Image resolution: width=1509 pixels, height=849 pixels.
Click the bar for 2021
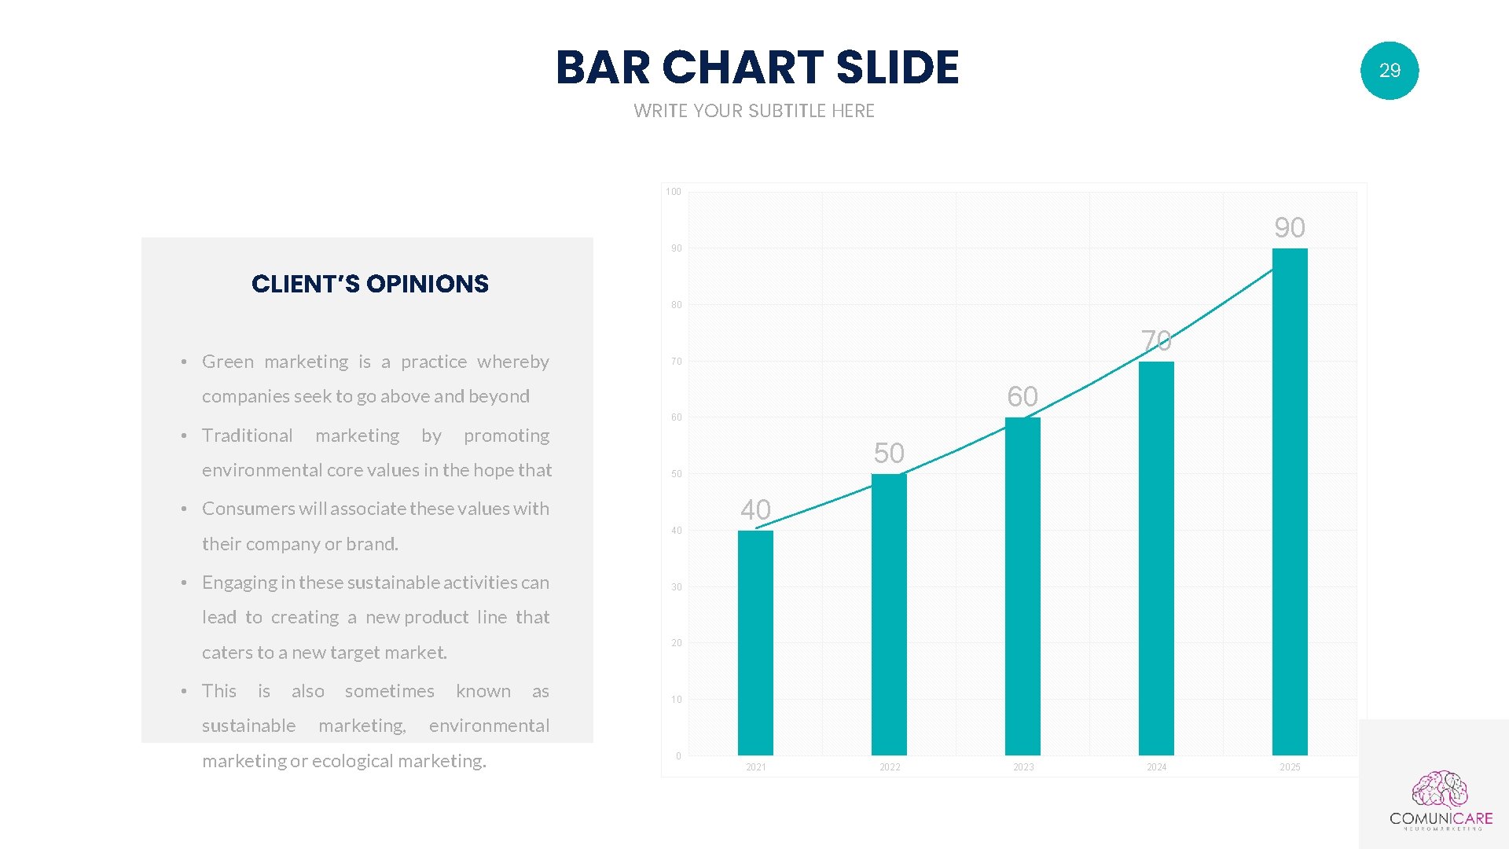coord(755,643)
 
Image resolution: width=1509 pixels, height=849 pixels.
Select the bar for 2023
coord(1023,586)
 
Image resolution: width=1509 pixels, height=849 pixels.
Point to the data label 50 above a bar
coord(889,454)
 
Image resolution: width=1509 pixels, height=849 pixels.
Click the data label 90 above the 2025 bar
coord(1290,228)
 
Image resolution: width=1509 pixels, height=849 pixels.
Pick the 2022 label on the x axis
coord(890,767)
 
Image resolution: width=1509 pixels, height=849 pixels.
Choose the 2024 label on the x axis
coord(1156,767)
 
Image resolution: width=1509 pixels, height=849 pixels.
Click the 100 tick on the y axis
coord(674,192)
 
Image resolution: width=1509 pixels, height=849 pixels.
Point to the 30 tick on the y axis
coord(677,587)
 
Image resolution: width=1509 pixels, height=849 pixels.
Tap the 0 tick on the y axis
coord(678,756)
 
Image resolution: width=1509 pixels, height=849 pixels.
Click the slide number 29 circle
coord(1390,71)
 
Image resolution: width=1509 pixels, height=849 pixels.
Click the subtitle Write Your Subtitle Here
coord(754,111)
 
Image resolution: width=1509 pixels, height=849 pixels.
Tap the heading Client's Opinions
coord(370,284)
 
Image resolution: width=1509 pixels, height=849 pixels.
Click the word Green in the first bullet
coord(228,362)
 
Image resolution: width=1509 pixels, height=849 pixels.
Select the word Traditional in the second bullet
coord(247,436)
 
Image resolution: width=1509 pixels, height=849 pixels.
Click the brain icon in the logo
coord(1440,789)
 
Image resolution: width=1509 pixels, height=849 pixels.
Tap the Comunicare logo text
coord(1441,818)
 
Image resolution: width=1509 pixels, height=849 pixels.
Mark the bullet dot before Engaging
coord(184,583)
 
